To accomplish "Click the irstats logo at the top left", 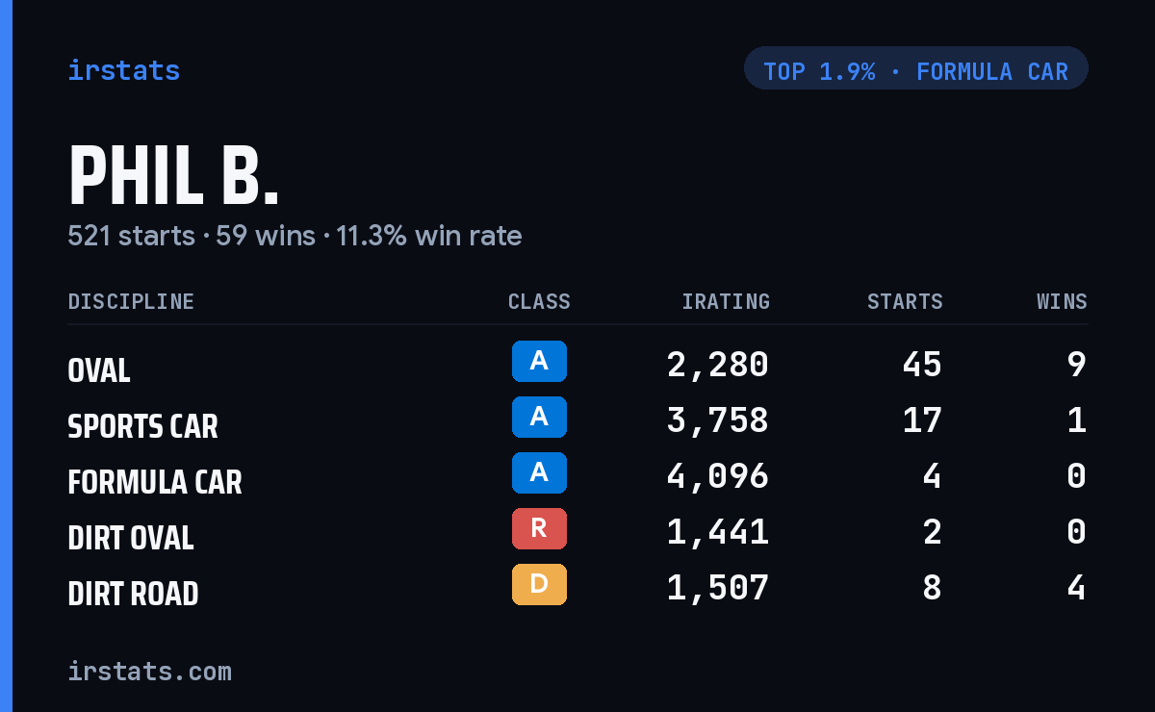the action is click(x=124, y=70).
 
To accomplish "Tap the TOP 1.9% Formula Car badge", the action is click(x=915, y=68).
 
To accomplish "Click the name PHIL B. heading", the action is click(x=173, y=175).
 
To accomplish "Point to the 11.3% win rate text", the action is click(x=428, y=236).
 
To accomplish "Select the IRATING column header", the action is click(x=726, y=301).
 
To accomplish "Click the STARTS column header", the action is click(x=905, y=301).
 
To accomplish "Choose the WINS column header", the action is click(x=1063, y=301).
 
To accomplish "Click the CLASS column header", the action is click(x=539, y=301).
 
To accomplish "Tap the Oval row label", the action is click(x=99, y=370).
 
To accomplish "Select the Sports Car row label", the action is click(x=142, y=426).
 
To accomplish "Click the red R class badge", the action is click(x=539, y=528).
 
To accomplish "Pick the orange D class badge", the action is click(x=539, y=584).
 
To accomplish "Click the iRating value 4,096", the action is click(x=718, y=476).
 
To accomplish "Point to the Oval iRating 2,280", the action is click(x=718, y=365).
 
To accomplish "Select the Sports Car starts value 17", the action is click(x=922, y=420).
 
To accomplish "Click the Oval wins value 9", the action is click(x=1077, y=365).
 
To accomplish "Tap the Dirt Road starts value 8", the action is click(x=933, y=588).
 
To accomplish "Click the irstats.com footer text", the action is click(x=150, y=672).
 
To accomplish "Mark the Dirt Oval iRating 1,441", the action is click(x=718, y=532).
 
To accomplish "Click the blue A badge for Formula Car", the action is click(x=539, y=472).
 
